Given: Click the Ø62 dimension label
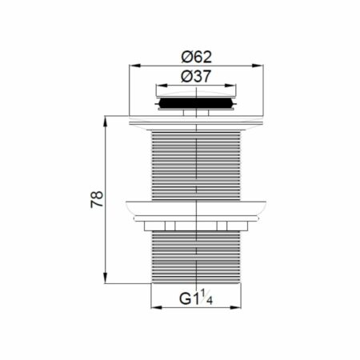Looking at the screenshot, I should [196, 58].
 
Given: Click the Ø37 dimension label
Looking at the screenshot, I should [196, 77].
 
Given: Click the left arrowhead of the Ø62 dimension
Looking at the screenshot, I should [132, 67].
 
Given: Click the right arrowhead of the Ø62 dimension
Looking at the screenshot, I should [261, 67].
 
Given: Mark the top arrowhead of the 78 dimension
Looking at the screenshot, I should [104, 120].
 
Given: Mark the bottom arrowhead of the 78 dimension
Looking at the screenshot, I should [104, 282].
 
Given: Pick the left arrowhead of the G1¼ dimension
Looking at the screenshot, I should [154, 311].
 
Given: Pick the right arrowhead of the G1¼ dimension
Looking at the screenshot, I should [239, 311].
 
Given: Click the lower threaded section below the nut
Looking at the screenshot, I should [196, 256].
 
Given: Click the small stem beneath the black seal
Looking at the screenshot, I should [196, 113].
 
